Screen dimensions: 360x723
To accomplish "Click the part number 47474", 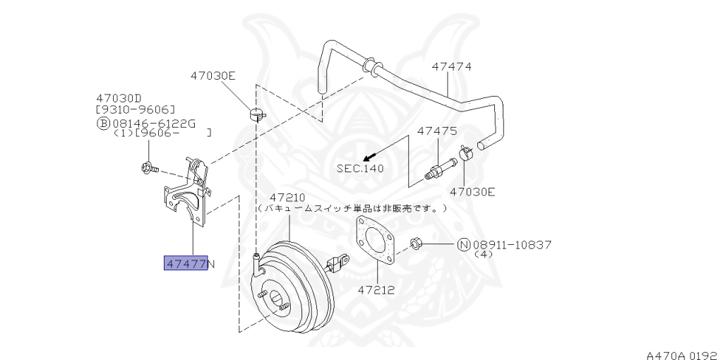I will (x=452, y=66).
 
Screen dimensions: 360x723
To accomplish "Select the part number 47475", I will (x=437, y=131).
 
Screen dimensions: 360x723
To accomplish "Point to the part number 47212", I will (x=375, y=289).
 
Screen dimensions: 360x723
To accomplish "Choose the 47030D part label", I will (x=119, y=99).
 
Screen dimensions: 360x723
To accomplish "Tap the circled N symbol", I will (x=464, y=245).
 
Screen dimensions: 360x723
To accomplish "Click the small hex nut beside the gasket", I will (x=417, y=244).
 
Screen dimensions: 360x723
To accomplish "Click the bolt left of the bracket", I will (x=149, y=169).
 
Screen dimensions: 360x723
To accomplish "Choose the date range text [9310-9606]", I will (x=135, y=110).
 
